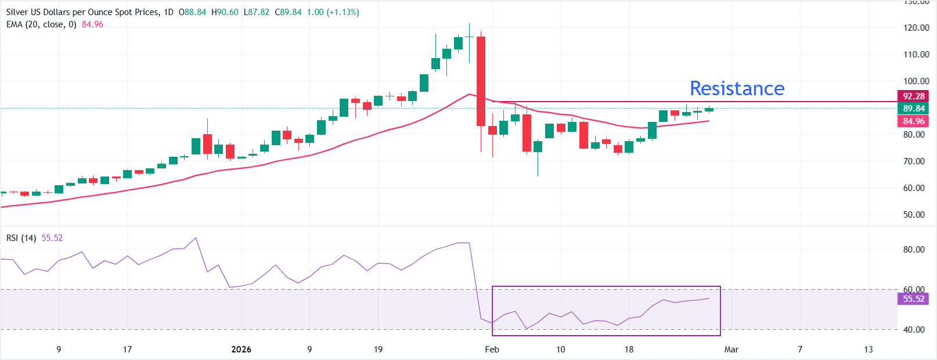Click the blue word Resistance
(x=737, y=88)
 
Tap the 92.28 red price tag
(x=913, y=96)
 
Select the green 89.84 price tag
(x=913, y=108)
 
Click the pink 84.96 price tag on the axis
(x=913, y=121)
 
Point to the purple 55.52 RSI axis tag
(x=913, y=298)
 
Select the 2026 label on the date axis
(x=241, y=349)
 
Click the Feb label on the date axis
(x=492, y=349)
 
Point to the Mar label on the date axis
(x=731, y=349)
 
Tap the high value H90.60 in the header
(x=225, y=12)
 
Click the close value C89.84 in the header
(x=288, y=12)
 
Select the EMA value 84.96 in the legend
(x=92, y=24)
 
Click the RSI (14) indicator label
(x=21, y=238)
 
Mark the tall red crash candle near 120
(x=481, y=81)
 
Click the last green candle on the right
(x=709, y=109)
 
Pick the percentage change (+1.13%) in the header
(x=343, y=12)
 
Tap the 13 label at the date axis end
(x=868, y=349)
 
